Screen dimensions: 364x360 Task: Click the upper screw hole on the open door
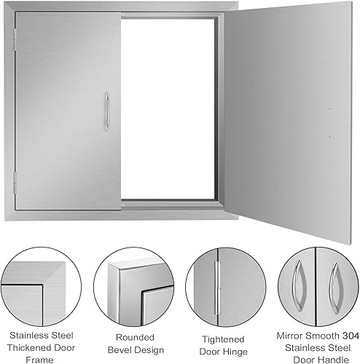click(329, 110)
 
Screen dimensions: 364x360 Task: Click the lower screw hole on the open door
click(329, 135)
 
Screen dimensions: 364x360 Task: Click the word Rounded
click(128, 336)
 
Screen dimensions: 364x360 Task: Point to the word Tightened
click(217, 336)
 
